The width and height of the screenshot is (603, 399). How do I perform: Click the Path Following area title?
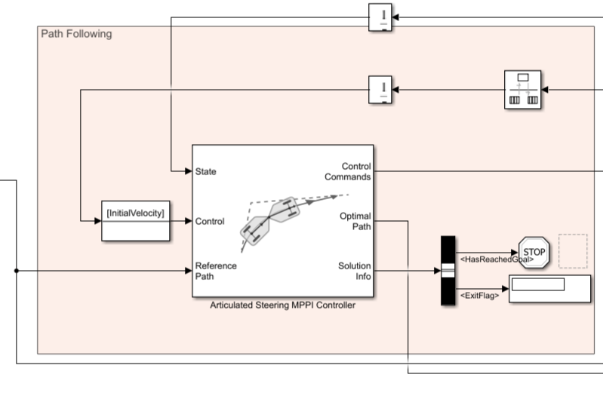[75, 34]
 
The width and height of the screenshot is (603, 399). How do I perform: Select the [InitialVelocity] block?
[136, 220]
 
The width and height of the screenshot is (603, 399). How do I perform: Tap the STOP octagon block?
[534, 251]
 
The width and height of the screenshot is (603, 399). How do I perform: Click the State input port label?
[205, 172]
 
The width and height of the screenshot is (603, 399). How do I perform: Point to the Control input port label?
[209, 222]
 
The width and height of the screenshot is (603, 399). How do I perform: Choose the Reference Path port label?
[216, 271]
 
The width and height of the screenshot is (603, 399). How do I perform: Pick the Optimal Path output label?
[355, 222]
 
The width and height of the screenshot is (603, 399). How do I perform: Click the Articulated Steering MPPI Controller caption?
[282, 305]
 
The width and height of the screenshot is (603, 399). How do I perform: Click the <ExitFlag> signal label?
[479, 296]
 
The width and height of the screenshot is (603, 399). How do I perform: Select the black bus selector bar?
[448, 271]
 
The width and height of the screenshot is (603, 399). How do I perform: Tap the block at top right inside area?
[522, 90]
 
